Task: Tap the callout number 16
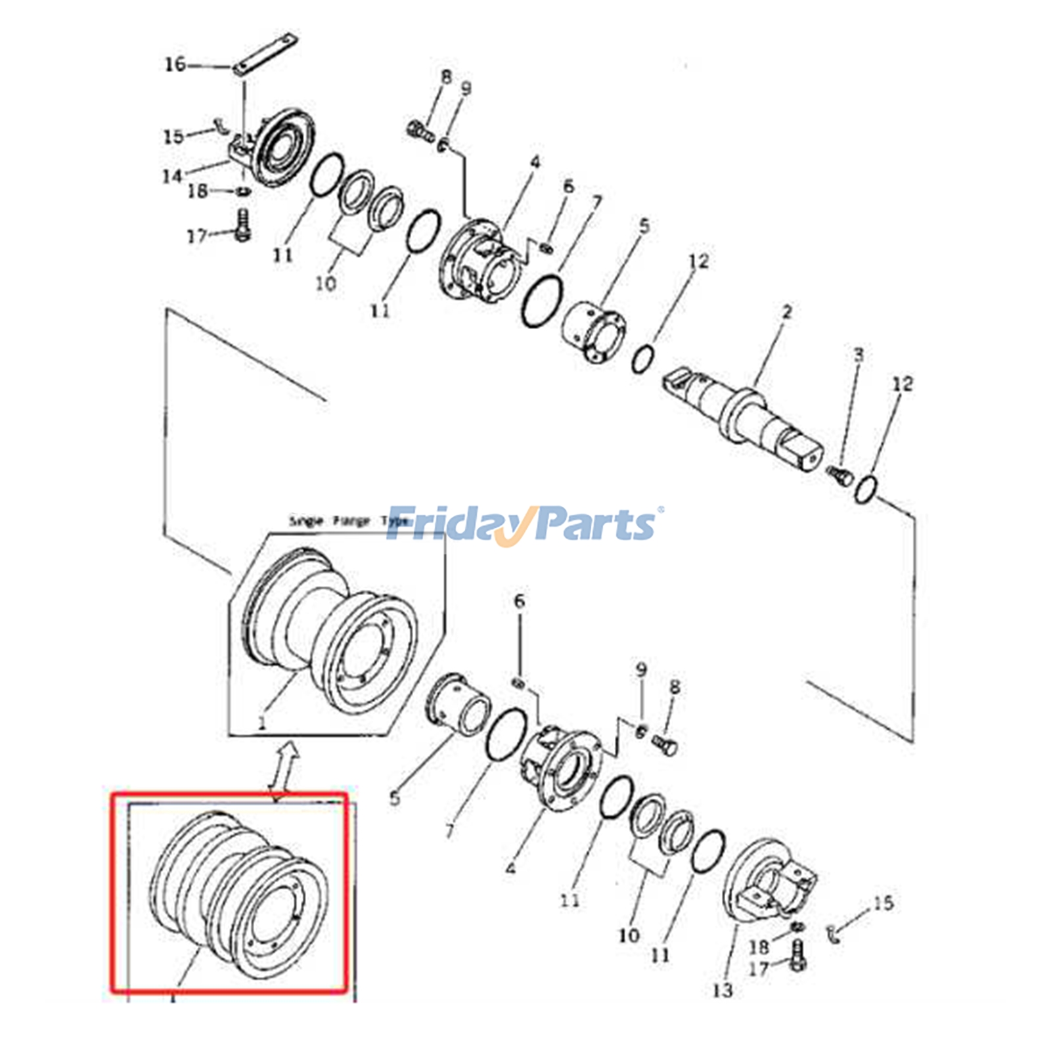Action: click(175, 64)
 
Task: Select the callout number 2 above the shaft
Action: click(787, 312)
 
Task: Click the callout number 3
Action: click(858, 355)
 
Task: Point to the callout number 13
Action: click(722, 990)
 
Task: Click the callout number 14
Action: click(172, 176)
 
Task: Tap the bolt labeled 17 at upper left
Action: click(242, 224)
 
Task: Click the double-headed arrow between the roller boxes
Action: click(284, 769)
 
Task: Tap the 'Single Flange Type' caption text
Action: click(348, 521)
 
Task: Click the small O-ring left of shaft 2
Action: click(642, 359)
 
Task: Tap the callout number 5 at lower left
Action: click(394, 798)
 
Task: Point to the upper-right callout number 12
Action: click(903, 384)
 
